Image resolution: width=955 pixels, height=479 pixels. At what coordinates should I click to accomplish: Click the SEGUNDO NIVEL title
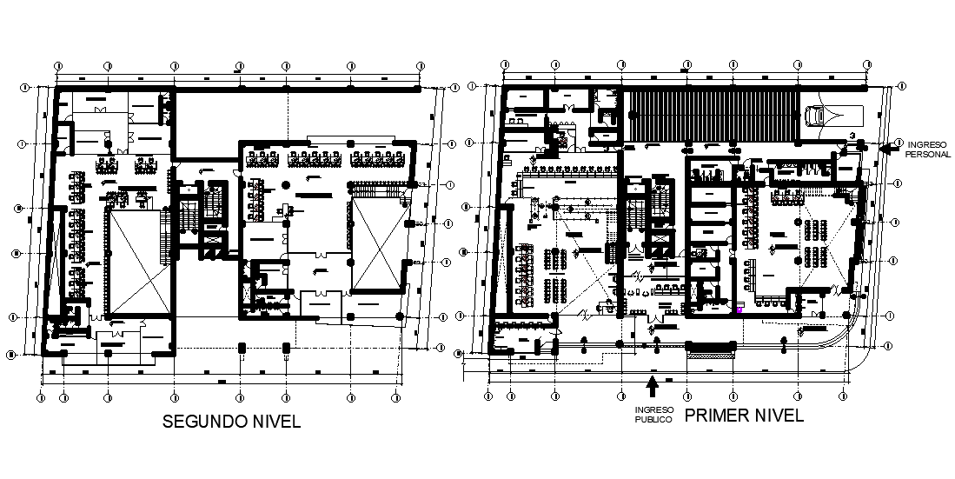coord(232,422)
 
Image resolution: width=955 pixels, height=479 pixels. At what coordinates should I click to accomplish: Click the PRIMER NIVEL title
coord(744,416)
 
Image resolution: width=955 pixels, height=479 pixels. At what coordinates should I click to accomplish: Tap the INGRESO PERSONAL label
coord(924,148)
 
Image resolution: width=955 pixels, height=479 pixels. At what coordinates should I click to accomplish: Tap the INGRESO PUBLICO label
coord(653,414)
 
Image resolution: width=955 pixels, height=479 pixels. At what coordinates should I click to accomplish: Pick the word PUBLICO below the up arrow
coord(653,419)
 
